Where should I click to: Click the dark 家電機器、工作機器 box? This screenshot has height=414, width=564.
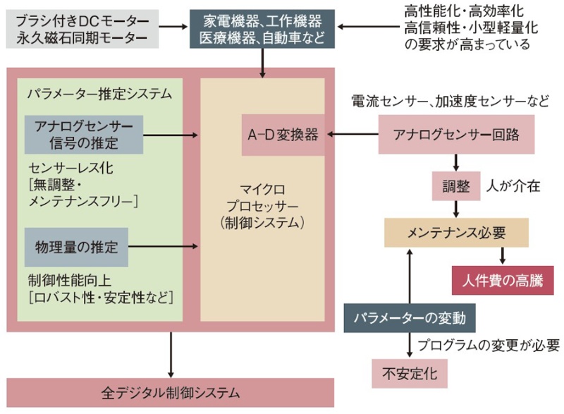pyautogui.click(x=262, y=28)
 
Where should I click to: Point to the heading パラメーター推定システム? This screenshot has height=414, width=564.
pyautogui.click(x=99, y=92)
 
